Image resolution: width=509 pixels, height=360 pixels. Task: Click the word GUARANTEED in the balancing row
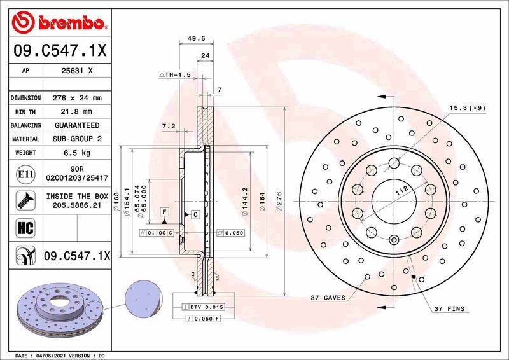pos(77,125)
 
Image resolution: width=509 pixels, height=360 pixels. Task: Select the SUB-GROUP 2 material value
pos(77,139)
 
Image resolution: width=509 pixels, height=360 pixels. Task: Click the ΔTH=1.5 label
pos(174,75)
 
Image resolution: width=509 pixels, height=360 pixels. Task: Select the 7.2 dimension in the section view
pos(169,127)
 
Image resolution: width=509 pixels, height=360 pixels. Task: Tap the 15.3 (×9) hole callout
pos(467,107)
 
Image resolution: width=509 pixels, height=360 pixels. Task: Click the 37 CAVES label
pos(328,298)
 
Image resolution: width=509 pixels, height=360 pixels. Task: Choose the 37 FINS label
pos(450,309)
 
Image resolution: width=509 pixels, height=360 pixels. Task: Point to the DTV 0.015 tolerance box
pos(202,307)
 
